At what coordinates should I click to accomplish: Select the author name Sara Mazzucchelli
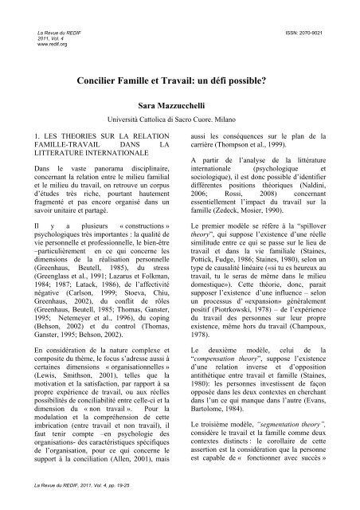[180, 104]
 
